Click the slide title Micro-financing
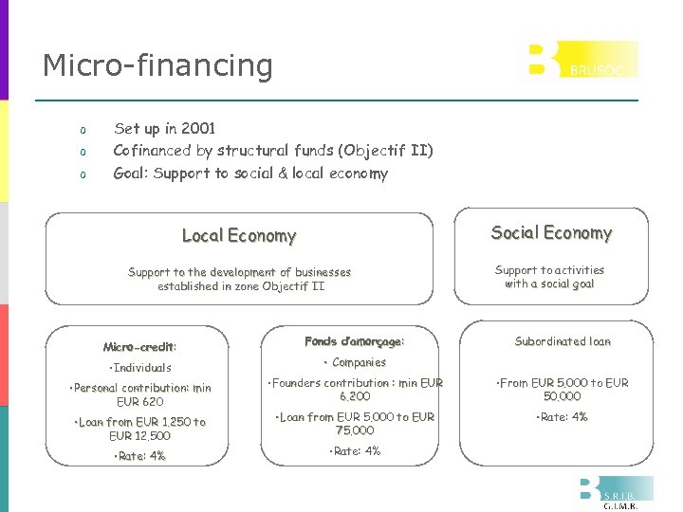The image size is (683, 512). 157,65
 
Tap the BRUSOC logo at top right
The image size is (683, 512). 583,60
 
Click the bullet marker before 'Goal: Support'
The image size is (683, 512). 83,174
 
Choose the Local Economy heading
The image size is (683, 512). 239,236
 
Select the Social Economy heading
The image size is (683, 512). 550,233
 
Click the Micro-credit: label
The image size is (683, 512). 140,347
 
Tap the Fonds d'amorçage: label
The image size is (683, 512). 354,341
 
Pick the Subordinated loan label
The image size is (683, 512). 563,341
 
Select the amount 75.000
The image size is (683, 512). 355,430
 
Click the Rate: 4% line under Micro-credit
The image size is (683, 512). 139,456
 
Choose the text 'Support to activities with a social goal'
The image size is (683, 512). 549,277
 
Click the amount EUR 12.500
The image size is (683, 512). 139,436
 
